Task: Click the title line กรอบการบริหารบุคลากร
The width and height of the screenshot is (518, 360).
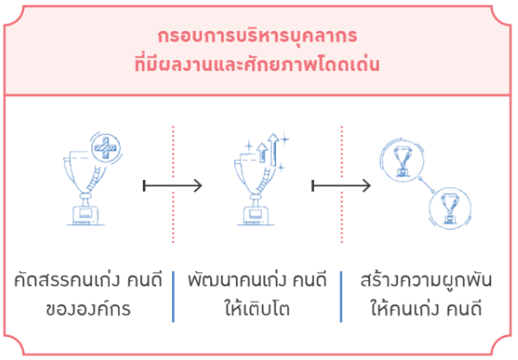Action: coord(257,36)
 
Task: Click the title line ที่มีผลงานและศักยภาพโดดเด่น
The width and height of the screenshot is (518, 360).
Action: coord(257,64)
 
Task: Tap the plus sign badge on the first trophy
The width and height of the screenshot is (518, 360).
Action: coord(106,147)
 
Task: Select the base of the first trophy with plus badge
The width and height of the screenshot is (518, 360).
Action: coord(85,215)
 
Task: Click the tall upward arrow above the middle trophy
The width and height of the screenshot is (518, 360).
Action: coord(273,149)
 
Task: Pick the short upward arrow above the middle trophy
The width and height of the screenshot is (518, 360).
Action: coord(263,153)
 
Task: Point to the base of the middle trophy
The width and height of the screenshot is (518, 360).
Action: coord(255,216)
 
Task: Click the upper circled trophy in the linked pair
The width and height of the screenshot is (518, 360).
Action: coord(402,160)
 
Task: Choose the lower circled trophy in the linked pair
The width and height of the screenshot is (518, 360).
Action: coord(450,208)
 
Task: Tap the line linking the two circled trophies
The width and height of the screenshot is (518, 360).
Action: coord(426,185)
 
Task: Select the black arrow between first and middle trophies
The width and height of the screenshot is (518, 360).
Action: coord(172,185)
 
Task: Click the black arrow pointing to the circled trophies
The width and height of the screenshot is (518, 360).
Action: coord(341,185)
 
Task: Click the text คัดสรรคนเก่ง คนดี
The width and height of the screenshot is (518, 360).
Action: coord(88,280)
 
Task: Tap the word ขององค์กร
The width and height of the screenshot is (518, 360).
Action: coord(88,309)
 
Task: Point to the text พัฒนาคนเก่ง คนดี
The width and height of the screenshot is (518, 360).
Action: coord(257,280)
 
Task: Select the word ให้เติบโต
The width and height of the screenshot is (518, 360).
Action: coord(257,309)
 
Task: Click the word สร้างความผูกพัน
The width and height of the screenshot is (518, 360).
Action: coord(426,280)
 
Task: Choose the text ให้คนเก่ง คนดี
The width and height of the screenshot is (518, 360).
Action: coord(426,309)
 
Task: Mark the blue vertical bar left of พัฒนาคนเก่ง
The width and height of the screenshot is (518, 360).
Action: coord(173,296)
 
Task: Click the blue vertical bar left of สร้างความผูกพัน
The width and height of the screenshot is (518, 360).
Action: coord(341,296)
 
